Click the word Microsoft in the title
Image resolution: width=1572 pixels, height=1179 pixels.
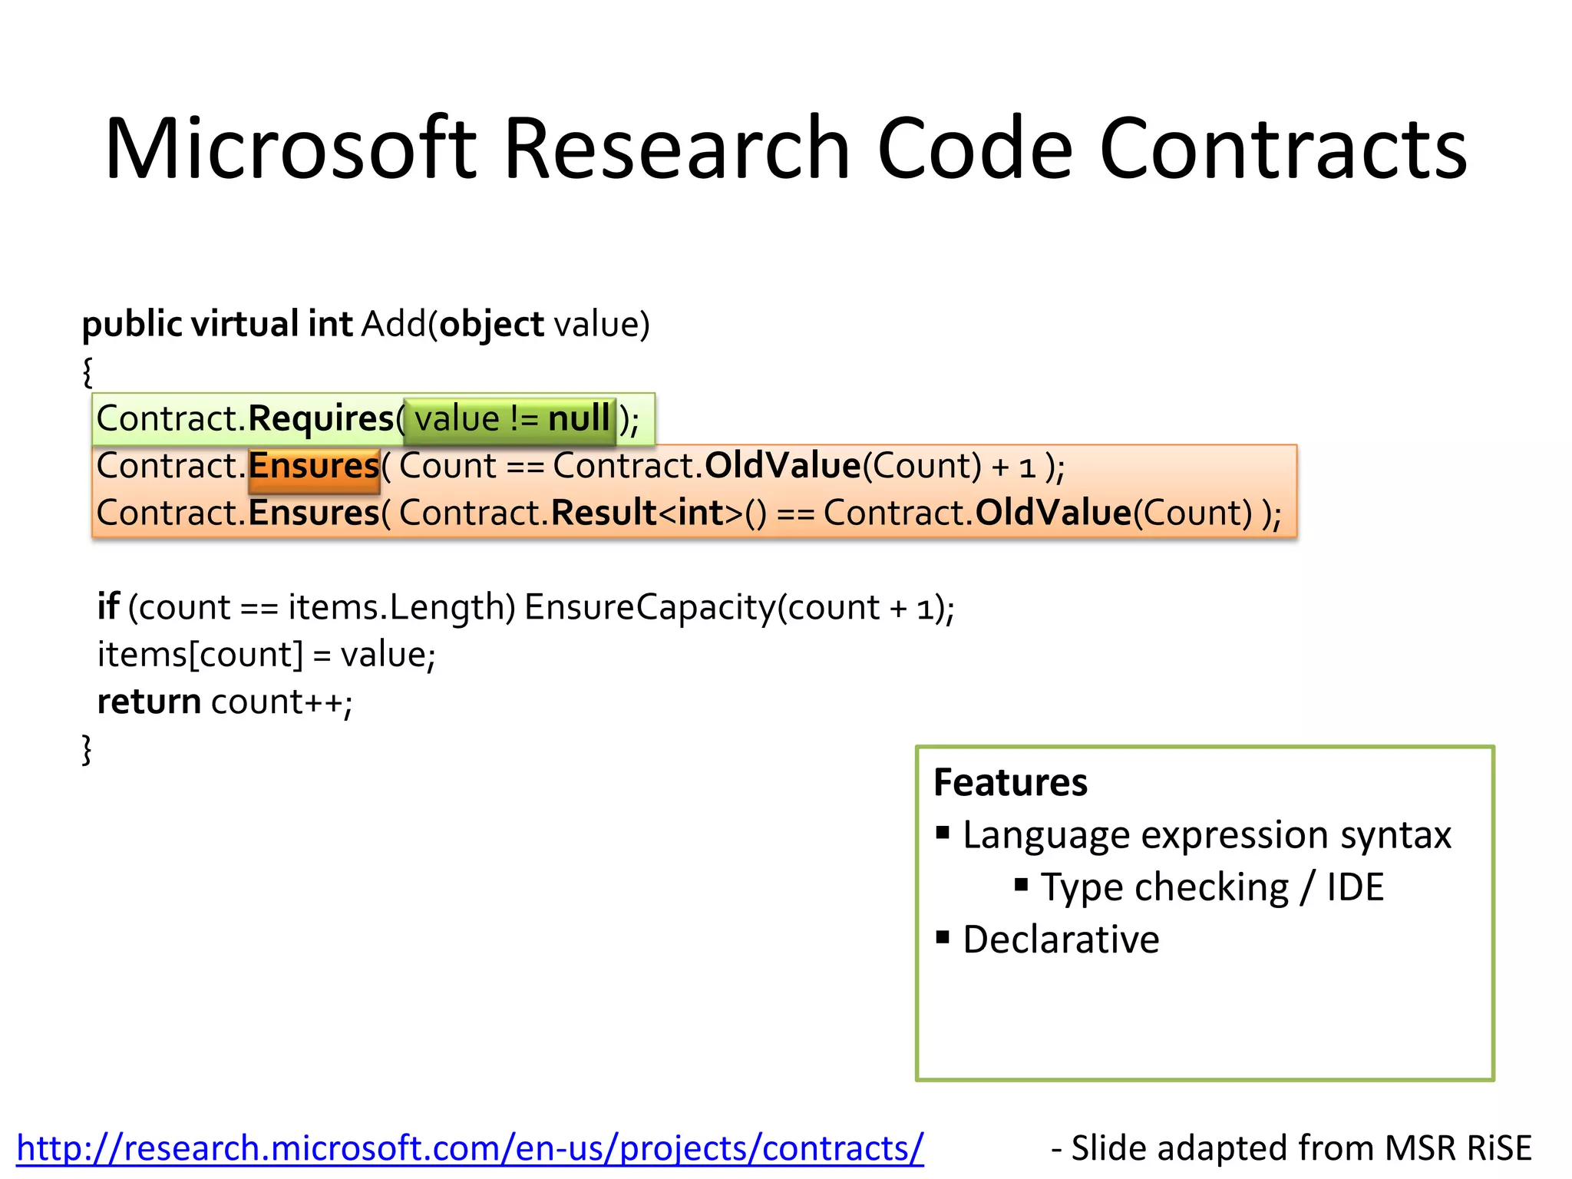click(x=290, y=147)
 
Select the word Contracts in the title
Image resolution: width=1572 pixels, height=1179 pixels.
click(x=1283, y=147)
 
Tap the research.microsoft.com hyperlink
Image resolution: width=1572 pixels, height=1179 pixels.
click(x=470, y=1148)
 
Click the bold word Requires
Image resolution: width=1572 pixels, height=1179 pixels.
click(x=321, y=419)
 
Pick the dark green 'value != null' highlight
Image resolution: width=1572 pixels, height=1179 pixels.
click(x=510, y=420)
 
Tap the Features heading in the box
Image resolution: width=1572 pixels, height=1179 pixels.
click(x=1010, y=782)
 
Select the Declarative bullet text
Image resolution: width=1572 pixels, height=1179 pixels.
click(x=1061, y=940)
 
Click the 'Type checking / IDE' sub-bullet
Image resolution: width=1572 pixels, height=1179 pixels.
click(x=1212, y=887)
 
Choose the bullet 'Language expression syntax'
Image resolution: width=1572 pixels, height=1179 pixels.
click(x=1207, y=835)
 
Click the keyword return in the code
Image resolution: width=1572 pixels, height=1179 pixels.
click(x=149, y=702)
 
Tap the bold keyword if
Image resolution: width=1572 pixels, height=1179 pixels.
click(x=107, y=607)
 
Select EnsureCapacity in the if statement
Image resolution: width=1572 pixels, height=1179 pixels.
click(x=650, y=607)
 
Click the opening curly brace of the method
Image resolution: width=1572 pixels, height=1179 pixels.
click(x=88, y=372)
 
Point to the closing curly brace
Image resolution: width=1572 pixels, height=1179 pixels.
click(x=88, y=749)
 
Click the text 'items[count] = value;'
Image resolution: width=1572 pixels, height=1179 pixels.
click(x=266, y=655)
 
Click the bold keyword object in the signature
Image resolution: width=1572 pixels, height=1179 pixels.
click(x=491, y=324)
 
